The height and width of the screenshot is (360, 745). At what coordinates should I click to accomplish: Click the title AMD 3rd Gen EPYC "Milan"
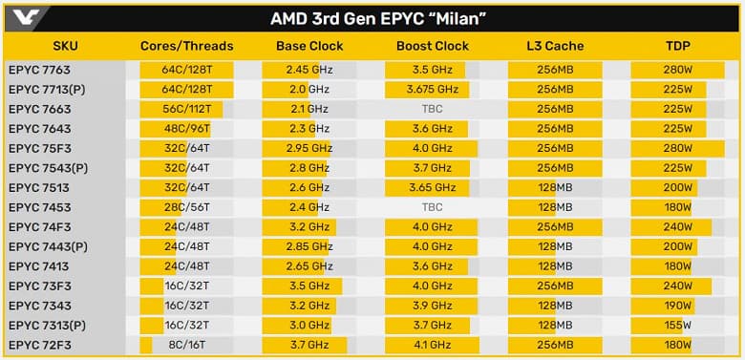[373, 18]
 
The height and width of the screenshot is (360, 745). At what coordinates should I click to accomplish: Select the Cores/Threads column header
[186, 47]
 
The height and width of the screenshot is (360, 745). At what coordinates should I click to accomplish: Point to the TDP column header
[678, 47]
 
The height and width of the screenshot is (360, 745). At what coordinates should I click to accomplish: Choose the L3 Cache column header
[555, 47]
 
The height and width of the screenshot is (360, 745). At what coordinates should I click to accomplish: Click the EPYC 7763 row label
[39, 70]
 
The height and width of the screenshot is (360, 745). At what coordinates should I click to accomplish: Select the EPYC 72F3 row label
[39, 346]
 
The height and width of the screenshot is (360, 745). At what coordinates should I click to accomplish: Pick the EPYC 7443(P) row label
[48, 247]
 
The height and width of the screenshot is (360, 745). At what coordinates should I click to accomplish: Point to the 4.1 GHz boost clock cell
[432, 346]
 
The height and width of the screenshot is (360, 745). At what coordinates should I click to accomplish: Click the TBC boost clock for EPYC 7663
[432, 109]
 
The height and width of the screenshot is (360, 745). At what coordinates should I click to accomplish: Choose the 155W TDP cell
[678, 326]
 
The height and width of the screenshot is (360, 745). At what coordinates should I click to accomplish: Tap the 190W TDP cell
[678, 307]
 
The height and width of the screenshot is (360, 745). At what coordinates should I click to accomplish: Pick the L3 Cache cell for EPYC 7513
[555, 188]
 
